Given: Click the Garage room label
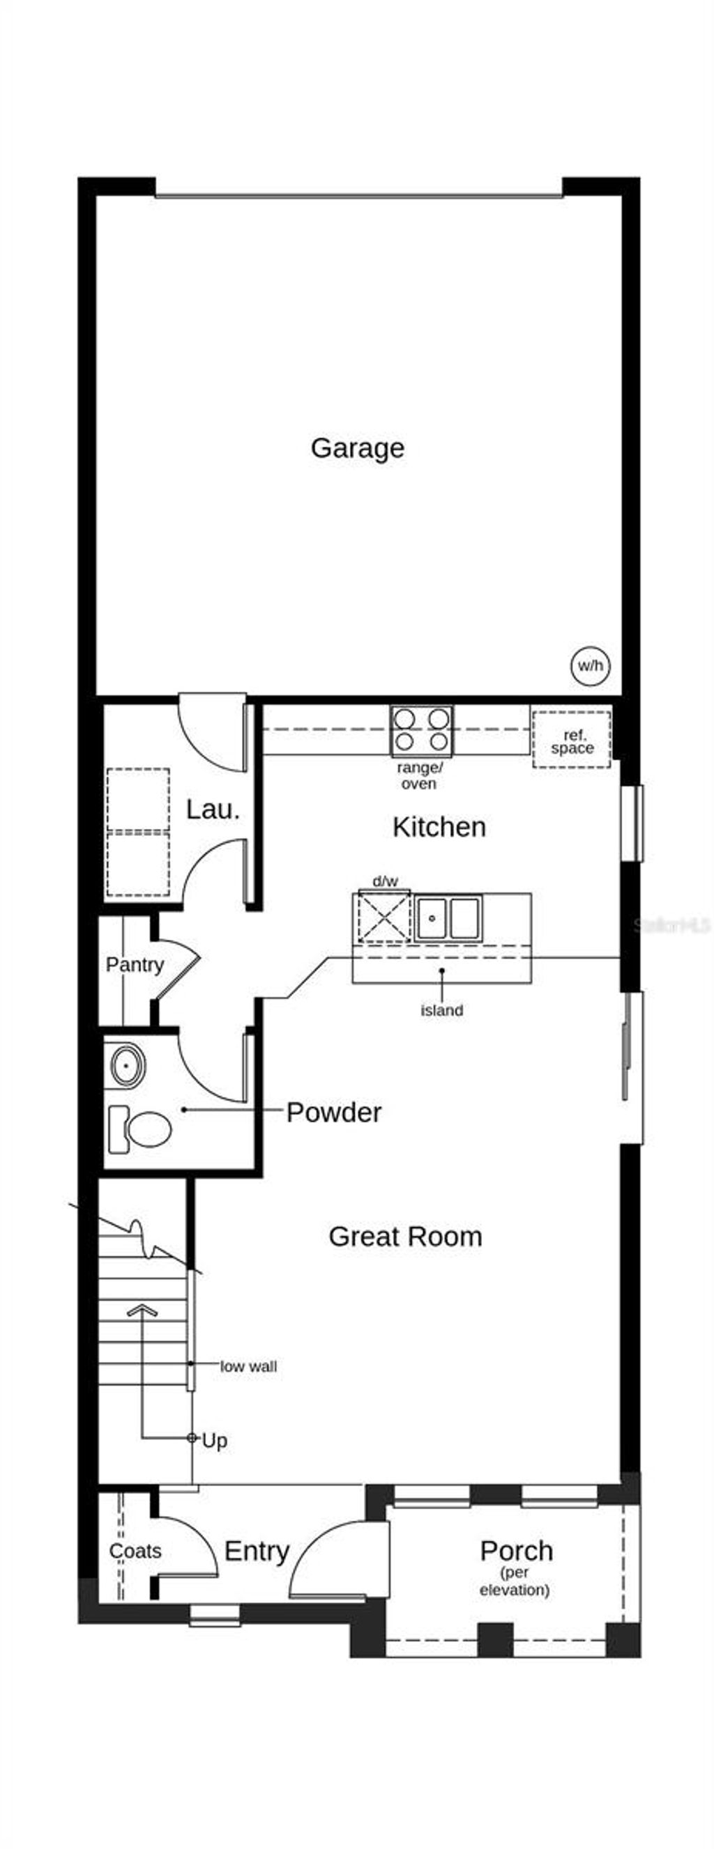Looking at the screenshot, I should (357, 448).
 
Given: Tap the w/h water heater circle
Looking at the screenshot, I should (590, 665).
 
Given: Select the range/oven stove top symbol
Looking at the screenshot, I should (421, 731).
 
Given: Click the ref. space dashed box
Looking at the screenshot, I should (571, 739).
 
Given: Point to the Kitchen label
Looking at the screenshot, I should (438, 827).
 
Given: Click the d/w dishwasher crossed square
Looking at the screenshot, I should (384, 917).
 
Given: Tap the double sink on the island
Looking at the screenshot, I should (447, 918).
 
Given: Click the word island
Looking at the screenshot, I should (441, 1010).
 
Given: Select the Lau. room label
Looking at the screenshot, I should (213, 810).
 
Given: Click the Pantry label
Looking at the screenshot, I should (135, 964).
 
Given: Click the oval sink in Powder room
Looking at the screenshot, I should (128, 1065).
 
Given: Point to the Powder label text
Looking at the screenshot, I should (333, 1112).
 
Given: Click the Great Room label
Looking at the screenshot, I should (405, 1236).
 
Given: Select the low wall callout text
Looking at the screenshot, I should (248, 1367).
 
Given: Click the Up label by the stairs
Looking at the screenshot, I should (214, 1441).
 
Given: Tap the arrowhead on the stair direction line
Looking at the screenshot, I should (142, 1310).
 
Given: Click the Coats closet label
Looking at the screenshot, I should (135, 1550).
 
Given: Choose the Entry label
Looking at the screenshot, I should (257, 1550).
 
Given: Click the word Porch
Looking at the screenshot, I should (516, 1550).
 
